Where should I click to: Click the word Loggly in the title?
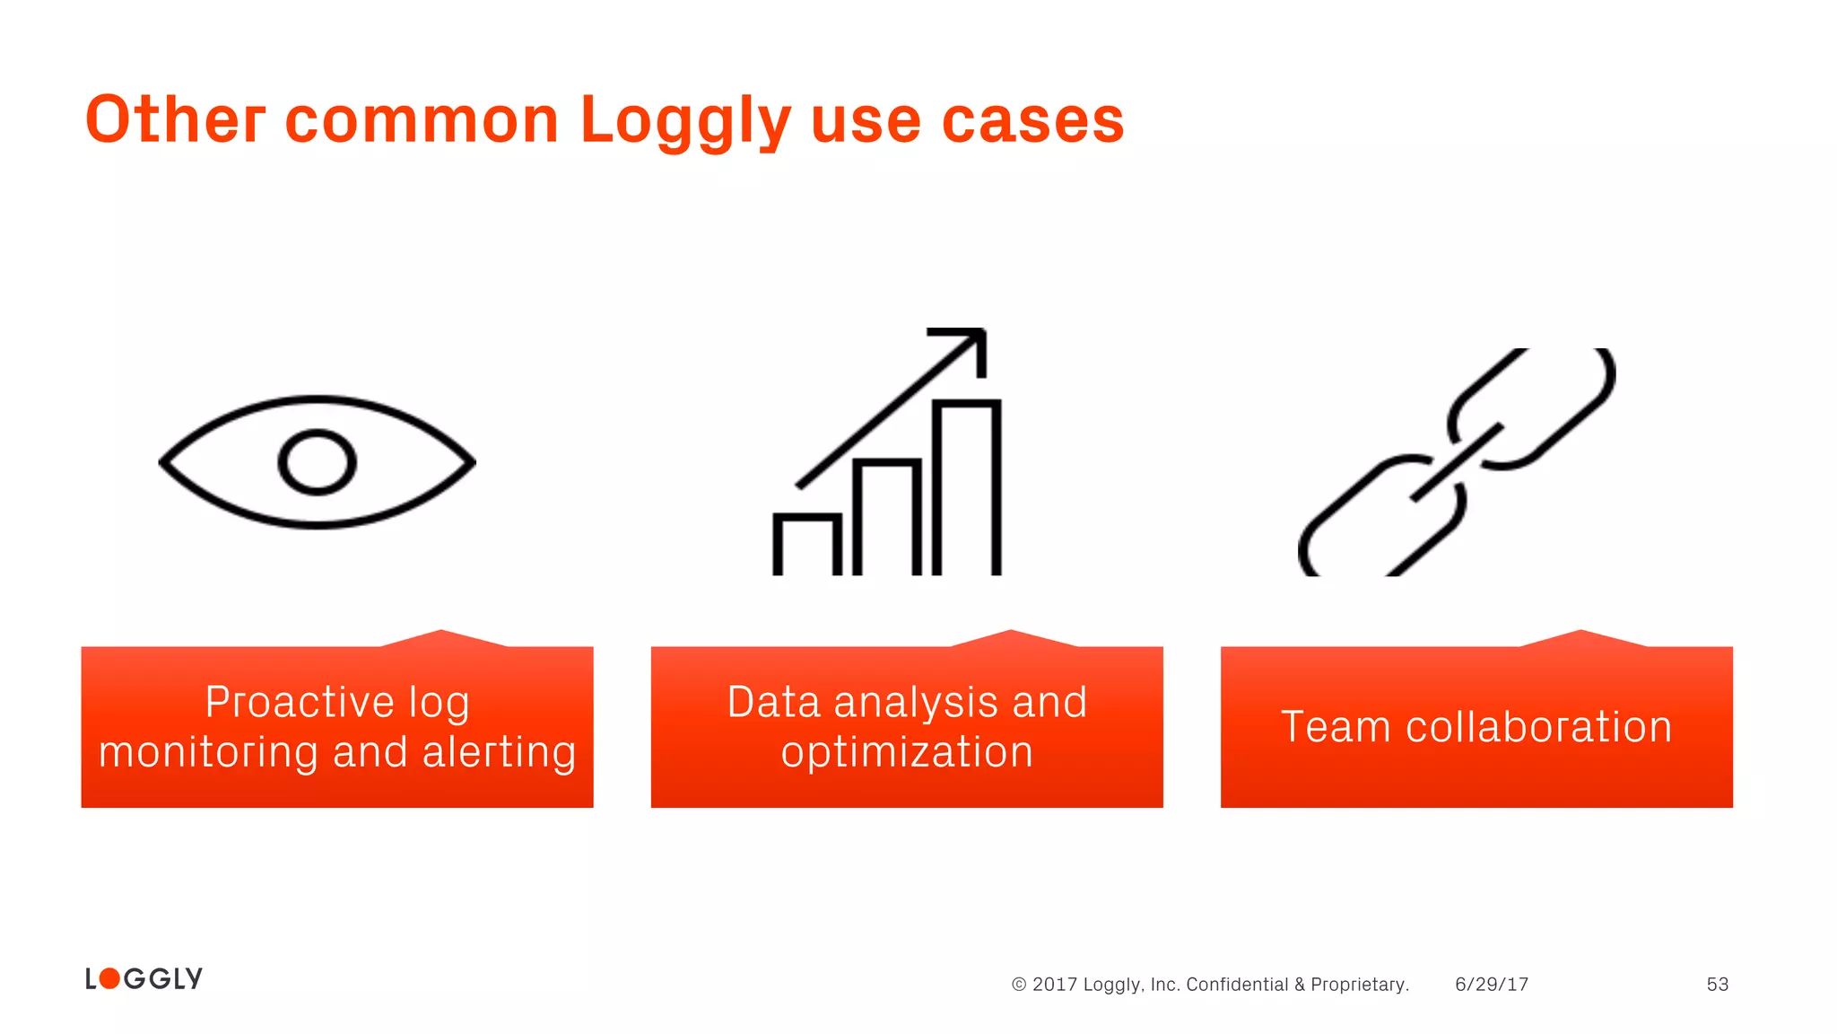685,120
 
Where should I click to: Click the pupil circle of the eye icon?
317,462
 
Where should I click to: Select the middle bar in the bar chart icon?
886,517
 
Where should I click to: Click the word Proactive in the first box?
299,702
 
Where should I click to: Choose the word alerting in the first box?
499,752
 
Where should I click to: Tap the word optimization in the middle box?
907,752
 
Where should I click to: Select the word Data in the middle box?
773,702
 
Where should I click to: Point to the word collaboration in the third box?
1538,727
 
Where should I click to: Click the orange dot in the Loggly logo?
109,978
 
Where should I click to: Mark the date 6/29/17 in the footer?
1492,985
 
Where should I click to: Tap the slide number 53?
1717,985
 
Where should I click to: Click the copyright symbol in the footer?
1019,985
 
